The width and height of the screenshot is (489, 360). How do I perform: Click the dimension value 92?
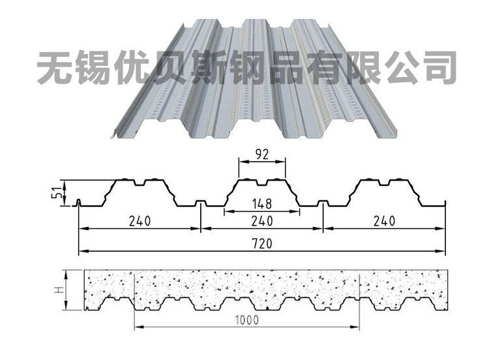(x=261, y=155)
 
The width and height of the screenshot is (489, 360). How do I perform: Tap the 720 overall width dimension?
(x=263, y=243)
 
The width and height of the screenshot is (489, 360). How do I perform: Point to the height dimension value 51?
(x=58, y=193)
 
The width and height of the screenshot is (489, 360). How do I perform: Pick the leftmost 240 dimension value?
(x=140, y=220)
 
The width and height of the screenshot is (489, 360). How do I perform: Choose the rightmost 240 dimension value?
(x=385, y=220)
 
